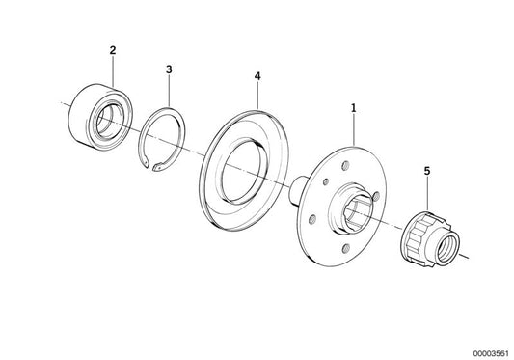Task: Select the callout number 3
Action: coord(169,69)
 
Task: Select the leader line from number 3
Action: coord(169,91)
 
